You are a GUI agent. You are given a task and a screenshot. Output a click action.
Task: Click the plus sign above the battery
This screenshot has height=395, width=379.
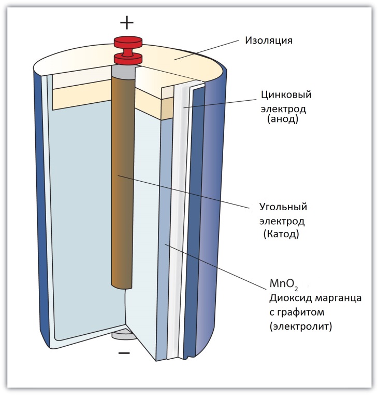[x=127, y=22]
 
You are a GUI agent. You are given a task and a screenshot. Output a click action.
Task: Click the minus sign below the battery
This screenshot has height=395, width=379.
[x=124, y=353]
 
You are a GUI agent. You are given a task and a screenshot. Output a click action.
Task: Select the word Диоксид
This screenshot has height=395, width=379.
[x=288, y=299]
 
